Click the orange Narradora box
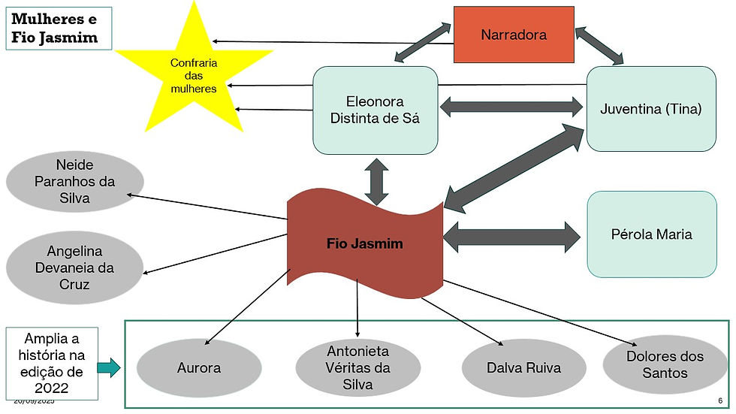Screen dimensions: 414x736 click(x=514, y=35)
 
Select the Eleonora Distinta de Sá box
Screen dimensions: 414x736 click(x=375, y=110)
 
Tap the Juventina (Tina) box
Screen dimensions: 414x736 click(x=650, y=108)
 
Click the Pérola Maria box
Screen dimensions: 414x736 click(x=651, y=234)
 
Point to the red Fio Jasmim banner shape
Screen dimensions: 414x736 click(x=365, y=243)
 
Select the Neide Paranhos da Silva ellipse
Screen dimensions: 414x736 click(x=74, y=182)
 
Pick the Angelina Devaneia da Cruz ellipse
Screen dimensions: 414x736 click(x=74, y=268)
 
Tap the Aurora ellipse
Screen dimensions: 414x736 click(x=199, y=368)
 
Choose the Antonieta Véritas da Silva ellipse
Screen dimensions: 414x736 click(x=357, y=368)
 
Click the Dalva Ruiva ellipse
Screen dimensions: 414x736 click(x=513, y=368)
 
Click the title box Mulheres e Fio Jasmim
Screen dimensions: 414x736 click(x=58, y=29)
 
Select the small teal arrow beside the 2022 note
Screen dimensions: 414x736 click(x=109, y=367)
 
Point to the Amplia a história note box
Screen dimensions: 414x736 click(x=51, y=363)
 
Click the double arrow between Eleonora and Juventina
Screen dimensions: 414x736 click(x=511, y=107)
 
